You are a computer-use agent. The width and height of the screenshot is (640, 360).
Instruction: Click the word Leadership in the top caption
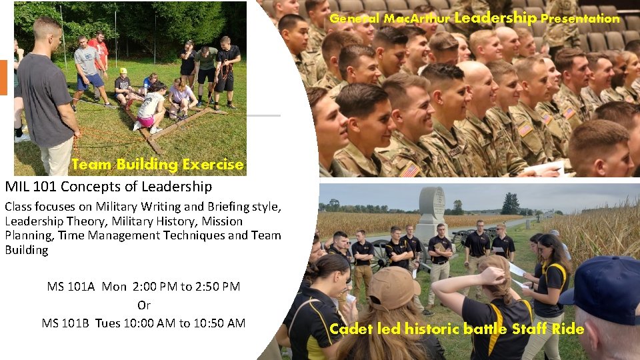(x=495, y=18)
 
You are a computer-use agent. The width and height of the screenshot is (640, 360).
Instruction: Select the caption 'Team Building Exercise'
(x=157, y=164)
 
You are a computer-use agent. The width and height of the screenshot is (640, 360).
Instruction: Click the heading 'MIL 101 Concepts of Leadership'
(x=109, y=186)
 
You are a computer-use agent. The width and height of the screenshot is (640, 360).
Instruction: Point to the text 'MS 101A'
(x=71, y=287)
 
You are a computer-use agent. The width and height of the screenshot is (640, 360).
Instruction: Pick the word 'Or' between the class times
(x=144, y=305)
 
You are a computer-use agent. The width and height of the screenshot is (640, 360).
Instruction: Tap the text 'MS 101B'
(x=66, y=323)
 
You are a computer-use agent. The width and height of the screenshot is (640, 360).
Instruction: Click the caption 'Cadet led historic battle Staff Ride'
(x=457, y=329)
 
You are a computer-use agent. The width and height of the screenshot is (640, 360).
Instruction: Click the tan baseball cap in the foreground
(x=393, y=286)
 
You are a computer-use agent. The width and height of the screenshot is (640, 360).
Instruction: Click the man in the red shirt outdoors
(x=98, y=53)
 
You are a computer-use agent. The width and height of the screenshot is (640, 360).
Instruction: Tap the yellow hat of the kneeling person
(x=123, y=71)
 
